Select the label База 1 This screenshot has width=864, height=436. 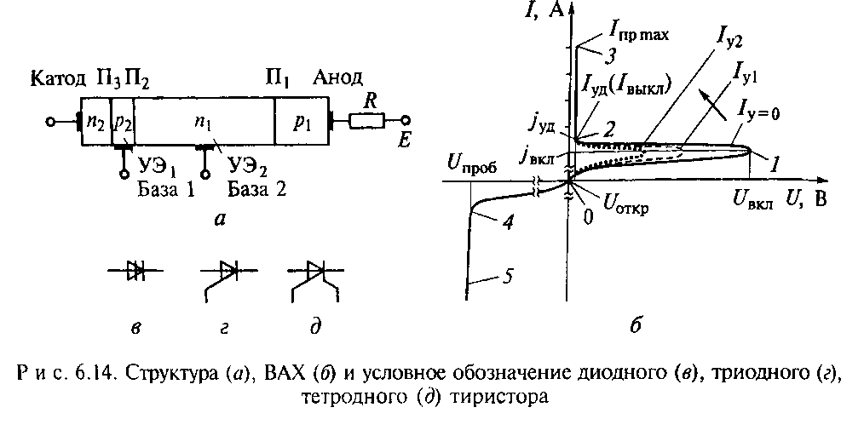click(x=166, y=189)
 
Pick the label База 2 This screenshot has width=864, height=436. click(x=253, y=189)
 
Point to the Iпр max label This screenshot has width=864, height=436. click(x=639, y=35)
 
